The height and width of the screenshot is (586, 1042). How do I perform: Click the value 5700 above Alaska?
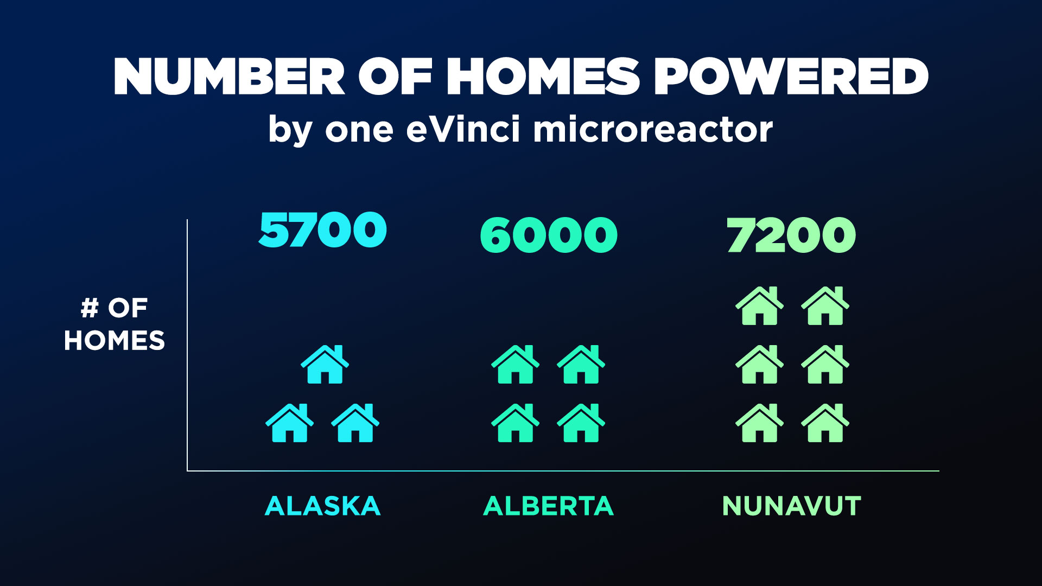pyautogui.click(x=322, y=230)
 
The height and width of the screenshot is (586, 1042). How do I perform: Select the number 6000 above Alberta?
pyautogui.click(x=549, y=235)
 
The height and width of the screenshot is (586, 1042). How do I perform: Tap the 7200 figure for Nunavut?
pyautogui.click(x=791, y=235)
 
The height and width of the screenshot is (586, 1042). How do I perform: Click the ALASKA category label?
pyautogui.click(x=323, y=506)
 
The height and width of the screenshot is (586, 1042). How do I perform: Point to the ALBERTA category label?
pyautogui.click(x=548, y=506)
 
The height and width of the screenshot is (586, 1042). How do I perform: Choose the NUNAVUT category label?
pyautogui.click(x=792, y=506)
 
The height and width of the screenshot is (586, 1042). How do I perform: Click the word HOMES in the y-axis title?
pyautogui.click(x=115, y=341)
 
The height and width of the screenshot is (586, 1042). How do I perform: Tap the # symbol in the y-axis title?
pyautogui.click(x=90, y=308)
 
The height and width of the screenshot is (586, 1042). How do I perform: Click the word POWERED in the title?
pyautogui.click(x=791, y=77)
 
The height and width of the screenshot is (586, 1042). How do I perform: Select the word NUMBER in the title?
pyautogui.click(x=229, y=77)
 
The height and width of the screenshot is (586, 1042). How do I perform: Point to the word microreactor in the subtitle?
pyautogui.click(x=653, y=130)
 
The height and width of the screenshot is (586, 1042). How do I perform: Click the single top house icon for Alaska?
pyautogui.click(x=325, y=364)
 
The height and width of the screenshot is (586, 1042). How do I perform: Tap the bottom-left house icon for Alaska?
pyautogui.click(x=290, y=423)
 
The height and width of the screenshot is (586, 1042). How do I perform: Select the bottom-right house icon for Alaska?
pyautogui.click(x=355, y=423)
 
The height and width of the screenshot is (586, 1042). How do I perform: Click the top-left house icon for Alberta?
pyautogui.click(x=516, y=364)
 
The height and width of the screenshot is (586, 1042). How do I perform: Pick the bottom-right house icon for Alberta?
pyautogui.click(x=581, y=423)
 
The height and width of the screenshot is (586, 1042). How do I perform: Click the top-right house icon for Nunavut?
pyautogui.click(x=825, y=305)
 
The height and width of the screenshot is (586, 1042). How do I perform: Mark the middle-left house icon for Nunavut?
pyautogui.click(x=760, y=364)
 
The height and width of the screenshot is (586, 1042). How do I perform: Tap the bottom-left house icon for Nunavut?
pyautogui.click(x=760, y=423)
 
